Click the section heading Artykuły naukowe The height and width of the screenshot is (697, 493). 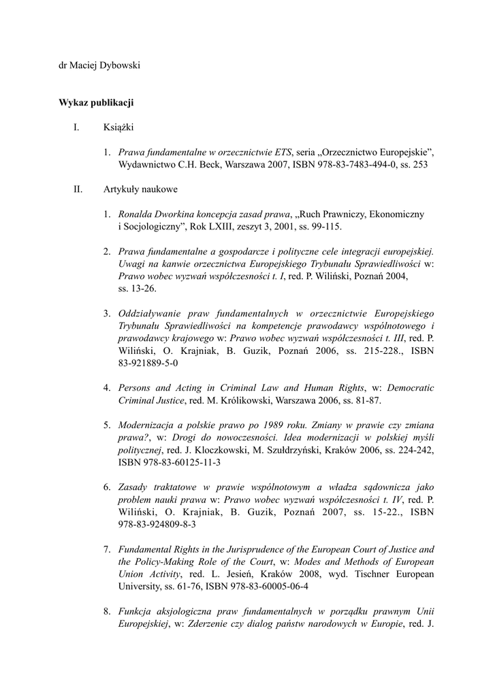141,189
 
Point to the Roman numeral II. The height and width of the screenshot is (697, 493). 77,189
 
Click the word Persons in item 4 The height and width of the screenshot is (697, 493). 136,388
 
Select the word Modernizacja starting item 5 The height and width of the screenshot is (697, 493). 148,425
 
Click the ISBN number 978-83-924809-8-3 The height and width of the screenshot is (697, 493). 157,524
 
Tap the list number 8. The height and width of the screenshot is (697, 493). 107,611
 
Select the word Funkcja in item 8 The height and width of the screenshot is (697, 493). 134,611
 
